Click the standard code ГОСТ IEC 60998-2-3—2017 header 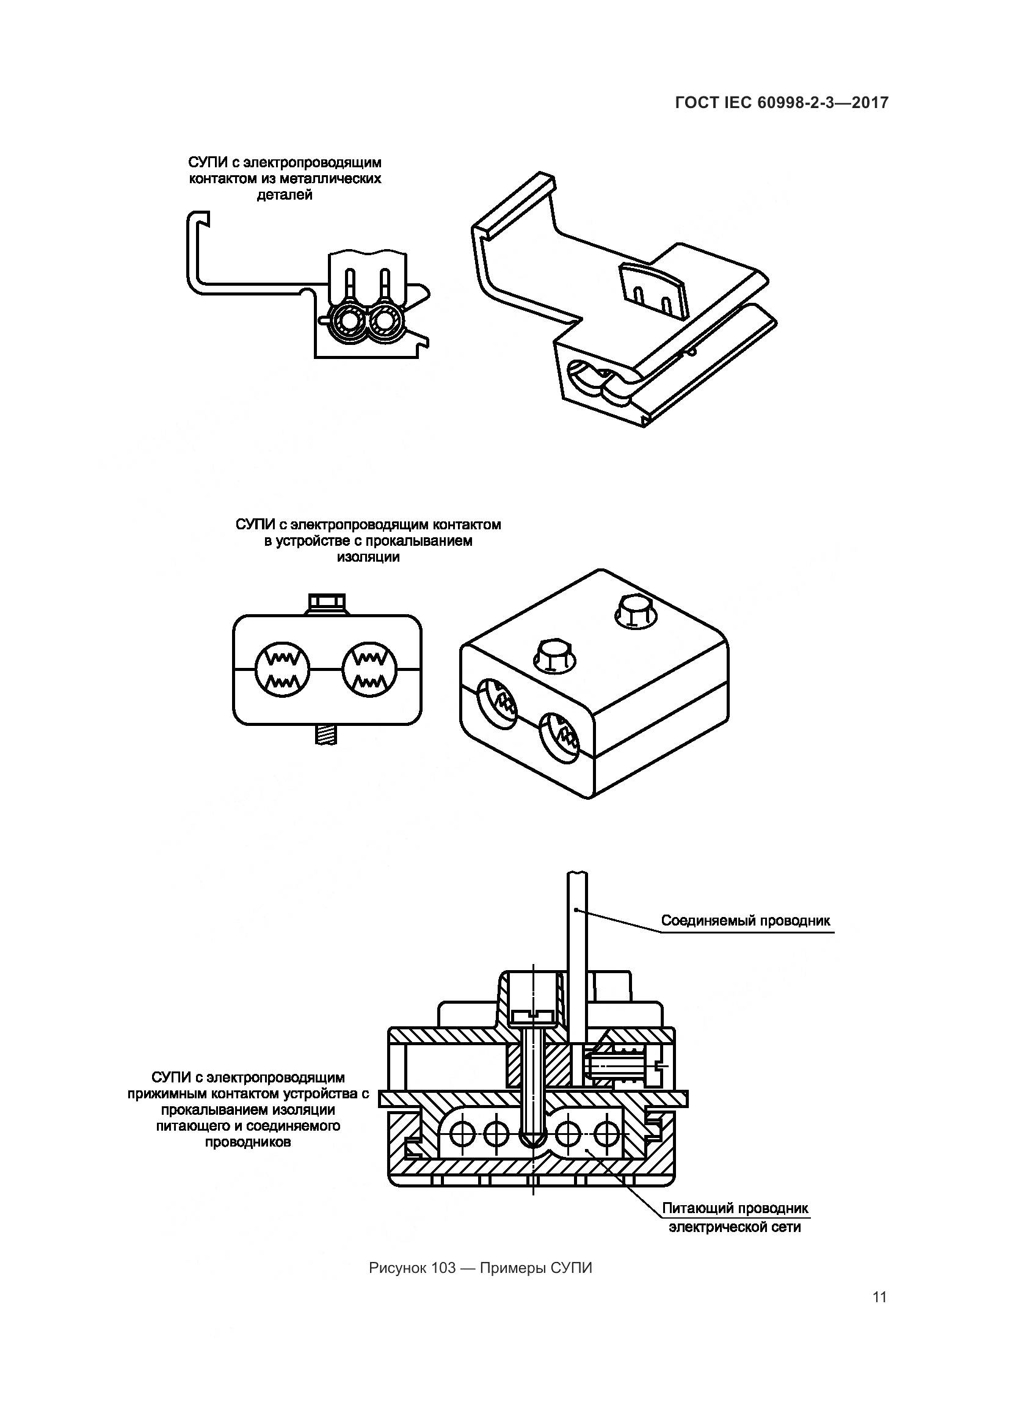[781, 103]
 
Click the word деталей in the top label [284, 195]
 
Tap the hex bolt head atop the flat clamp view [329, 603]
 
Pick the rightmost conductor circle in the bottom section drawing [605, 1136]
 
